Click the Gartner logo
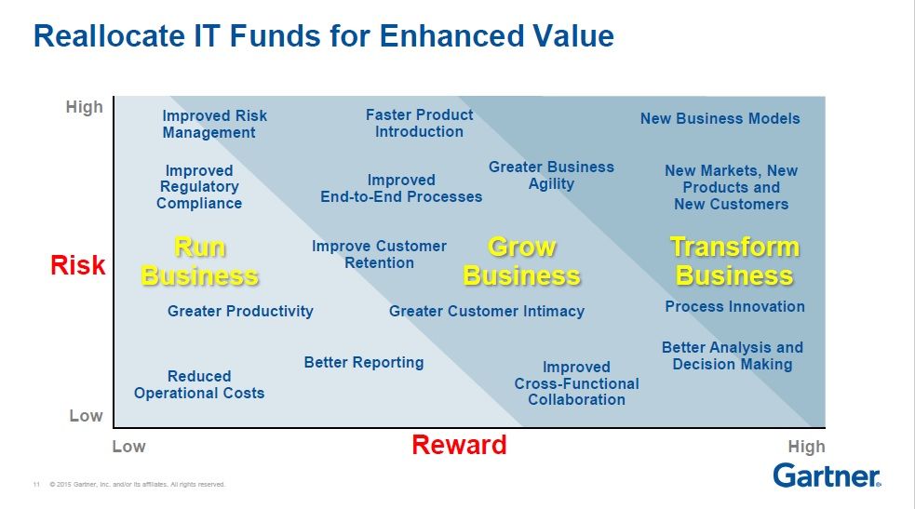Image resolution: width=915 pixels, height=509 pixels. coord(827,476)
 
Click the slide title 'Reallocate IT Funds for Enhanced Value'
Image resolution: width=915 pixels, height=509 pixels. coord(324,35)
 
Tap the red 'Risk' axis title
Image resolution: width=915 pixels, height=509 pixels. coord(77,265)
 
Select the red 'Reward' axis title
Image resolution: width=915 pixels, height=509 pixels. coord(459,445)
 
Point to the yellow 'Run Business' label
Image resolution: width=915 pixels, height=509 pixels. coord(199,261)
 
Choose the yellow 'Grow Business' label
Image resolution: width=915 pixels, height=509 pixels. coord(521,261)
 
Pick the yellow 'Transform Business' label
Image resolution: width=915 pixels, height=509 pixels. coord(734,261)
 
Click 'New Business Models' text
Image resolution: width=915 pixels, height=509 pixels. coord(720,118)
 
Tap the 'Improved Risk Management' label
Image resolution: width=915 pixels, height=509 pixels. coord(215,124)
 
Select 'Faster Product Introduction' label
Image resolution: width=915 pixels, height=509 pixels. coord(420,123)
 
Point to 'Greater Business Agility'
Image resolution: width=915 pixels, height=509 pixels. coord(551,176)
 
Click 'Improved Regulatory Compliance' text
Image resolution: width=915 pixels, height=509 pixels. coord(199,187)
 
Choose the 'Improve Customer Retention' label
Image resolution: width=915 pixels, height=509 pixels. coord(379,254)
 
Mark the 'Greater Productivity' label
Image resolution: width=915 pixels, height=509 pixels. coord(240,312)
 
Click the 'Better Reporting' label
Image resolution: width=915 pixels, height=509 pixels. coord(364,363)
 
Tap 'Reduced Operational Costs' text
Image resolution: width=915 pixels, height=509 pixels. coord(199,384)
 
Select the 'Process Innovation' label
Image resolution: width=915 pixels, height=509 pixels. coord(734,307)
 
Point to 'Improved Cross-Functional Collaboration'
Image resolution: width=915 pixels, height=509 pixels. coord(576,383)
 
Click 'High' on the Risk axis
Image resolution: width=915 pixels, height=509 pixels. coord(85,107)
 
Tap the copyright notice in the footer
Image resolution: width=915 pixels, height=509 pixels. coord(138,484)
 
